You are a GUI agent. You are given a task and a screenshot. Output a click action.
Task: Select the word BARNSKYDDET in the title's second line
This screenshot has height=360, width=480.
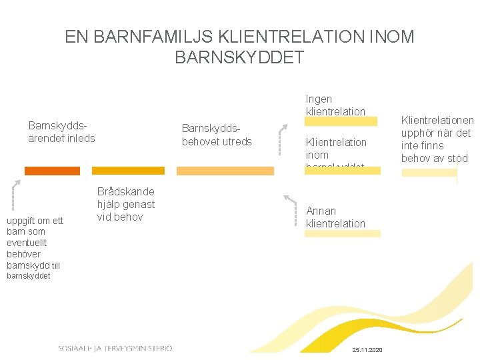pyautogui.click(x=239, y=57)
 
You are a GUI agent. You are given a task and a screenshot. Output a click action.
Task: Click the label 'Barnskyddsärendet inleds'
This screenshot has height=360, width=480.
pyautogui.click(x=62, y=132)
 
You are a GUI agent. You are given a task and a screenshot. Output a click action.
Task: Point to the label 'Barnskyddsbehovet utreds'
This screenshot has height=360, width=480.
pyautogui.click(x=217, y=135)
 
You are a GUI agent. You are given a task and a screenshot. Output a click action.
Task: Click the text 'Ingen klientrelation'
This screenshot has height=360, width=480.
pyautogui.click(x=335, y=105)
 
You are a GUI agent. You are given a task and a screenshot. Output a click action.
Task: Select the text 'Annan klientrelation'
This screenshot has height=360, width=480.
pyautogui.click(x=335, y=217)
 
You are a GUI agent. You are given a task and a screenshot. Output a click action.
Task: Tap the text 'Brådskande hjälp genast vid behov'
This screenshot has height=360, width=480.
pyautogui.click(x=126, y=204)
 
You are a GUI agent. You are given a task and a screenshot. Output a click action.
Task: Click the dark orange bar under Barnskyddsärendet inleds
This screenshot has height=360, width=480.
pyautogui.click(x=52, y=171)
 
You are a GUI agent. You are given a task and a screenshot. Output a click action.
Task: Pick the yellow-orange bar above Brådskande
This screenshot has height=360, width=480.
pyautogui.click(x=127, y=171)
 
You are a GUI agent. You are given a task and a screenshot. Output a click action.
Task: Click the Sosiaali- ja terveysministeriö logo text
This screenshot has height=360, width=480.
pyautogui.click(x=115, y=348)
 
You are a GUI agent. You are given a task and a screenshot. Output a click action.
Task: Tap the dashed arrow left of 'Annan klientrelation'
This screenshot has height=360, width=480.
pyautogui.click(x=291, y=207)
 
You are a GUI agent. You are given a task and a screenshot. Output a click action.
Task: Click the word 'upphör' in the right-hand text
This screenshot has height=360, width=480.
pyautogui.click(x=418, y=133)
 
